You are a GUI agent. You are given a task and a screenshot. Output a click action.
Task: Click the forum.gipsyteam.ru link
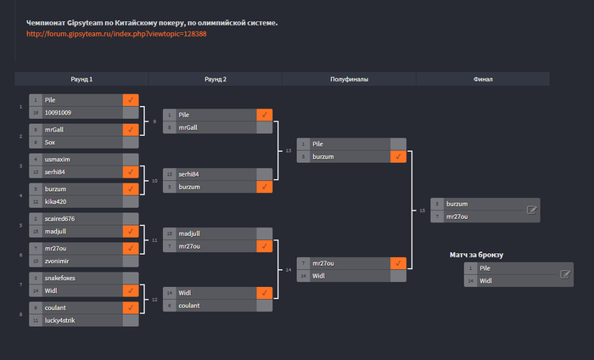pos(117,34)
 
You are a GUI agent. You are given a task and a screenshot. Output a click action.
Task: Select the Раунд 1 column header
pos(81,79)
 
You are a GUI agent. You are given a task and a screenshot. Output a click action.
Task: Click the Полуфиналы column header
pos(349,79)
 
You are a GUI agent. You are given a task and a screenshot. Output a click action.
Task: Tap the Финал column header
pos(483,79)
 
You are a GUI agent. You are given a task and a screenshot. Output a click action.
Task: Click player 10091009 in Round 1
pos(58,112)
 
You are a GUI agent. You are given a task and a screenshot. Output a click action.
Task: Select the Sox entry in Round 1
pos(50,143)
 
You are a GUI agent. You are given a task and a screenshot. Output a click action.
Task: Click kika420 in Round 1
pos(56,201)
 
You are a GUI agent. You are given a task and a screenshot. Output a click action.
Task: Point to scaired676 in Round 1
pos(59,218)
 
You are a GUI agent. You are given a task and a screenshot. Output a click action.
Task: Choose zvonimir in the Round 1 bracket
pos(58,261)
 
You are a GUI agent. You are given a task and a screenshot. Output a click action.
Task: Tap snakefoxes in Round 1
pos(60,278)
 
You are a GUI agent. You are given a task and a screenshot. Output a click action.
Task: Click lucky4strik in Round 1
pos(60,320)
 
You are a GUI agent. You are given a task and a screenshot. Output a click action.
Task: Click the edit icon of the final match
pos(532,210)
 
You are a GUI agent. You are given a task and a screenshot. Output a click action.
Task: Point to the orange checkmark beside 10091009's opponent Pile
pos(130,99)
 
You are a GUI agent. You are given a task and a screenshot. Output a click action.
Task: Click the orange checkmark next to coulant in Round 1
pos(130,307)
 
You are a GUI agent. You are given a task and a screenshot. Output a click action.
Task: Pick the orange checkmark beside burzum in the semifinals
pos(398,157)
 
